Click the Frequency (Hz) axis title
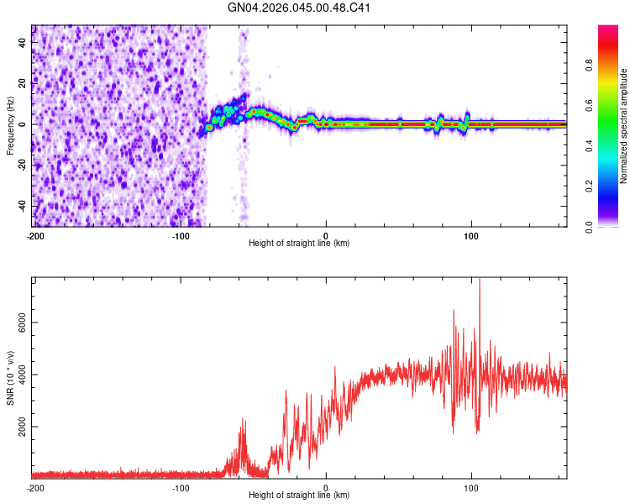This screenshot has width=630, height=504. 10,125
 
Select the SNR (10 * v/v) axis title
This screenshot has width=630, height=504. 10,377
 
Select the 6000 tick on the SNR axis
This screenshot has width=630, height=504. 17,323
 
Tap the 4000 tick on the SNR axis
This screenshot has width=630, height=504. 17,375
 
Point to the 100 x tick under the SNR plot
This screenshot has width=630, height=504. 471,488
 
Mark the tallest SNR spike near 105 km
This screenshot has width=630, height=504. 480,281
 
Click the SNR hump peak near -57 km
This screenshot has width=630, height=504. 244,419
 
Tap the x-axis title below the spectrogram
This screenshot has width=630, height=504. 300,244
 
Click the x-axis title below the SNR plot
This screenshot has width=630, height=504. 300,496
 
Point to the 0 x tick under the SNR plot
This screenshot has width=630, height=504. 326,488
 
